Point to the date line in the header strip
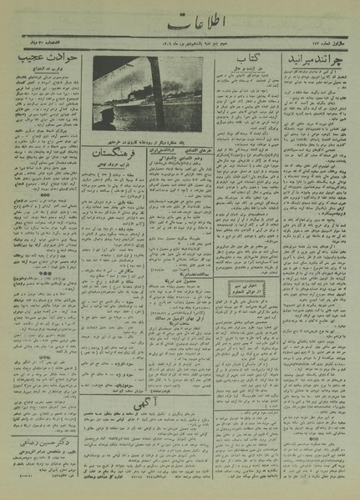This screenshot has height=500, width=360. click(179, 43)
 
